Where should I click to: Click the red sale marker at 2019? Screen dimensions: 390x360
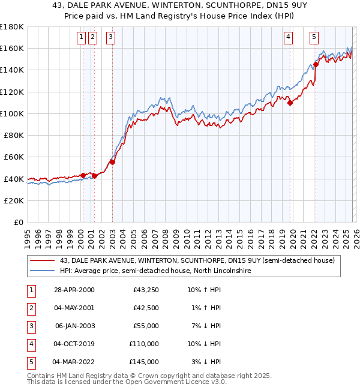tap(290, 103)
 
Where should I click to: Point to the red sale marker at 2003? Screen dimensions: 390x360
tap(112, 162)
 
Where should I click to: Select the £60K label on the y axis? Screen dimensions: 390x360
tap(14, 157)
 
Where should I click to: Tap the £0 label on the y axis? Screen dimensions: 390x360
tap(19, 223)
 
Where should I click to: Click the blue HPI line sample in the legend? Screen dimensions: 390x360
tap(43, 271)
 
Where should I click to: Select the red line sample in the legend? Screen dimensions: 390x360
tap(43, 260)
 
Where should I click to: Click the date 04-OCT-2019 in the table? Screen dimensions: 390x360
tap(73, 344)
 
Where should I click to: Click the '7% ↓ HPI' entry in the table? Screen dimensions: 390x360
tap(205, 326)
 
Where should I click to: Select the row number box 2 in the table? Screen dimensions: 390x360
tap(30, 308)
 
